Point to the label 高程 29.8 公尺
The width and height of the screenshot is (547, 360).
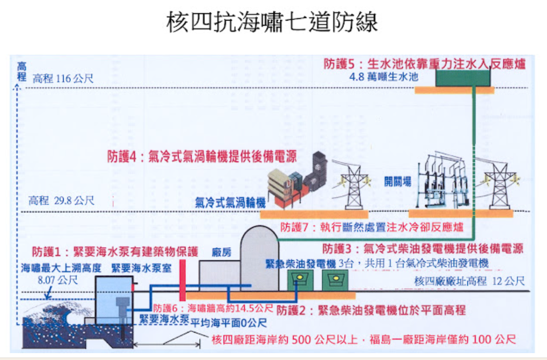[61, 201]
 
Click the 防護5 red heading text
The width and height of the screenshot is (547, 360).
[424, 64]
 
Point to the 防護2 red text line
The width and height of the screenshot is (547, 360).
[371, 310]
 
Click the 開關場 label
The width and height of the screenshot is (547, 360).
[397, 182]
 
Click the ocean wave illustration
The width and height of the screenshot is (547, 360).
[51, 321]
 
